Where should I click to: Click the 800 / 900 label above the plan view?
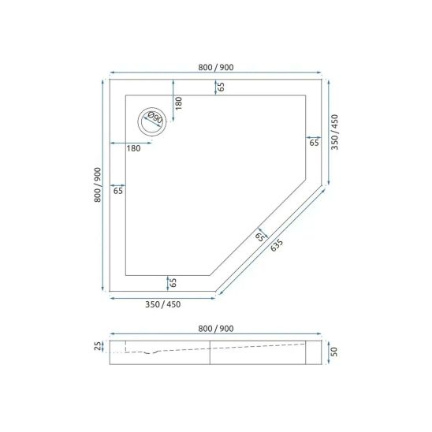pos(216,67)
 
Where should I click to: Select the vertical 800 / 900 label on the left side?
pos(98,185)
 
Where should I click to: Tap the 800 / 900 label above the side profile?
pos(216,329)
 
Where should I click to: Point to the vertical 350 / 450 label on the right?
pos(334,132)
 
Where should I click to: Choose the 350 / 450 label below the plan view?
pos(163,304)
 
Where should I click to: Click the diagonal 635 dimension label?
pos(277,245)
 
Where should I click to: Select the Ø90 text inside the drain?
pos(155,118)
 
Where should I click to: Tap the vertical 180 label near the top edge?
pos(178,103)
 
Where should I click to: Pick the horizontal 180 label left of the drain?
pos(134,148)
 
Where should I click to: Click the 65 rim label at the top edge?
pos(221,87)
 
